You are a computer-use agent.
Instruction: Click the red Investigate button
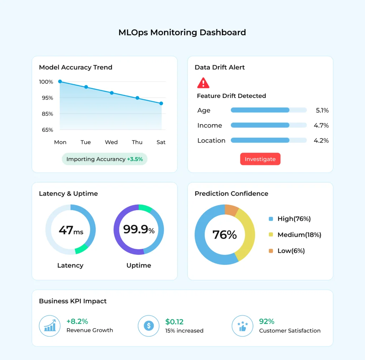(x=260, y=159)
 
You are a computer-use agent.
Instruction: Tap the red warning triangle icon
(x=203, y=83)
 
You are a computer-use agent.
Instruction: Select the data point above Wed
(x=112, y=93)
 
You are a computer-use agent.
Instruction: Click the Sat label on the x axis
(x=161, y=142)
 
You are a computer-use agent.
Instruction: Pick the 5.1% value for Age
(x=322, y=110)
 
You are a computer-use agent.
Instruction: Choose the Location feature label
(x=211, y=141)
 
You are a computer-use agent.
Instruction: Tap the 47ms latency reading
(x=71, y=230)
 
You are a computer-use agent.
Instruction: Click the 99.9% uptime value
(x=139, y=230)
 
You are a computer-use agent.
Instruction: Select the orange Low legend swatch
(x=271, y=251)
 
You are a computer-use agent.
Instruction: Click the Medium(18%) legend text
(x=299, y=235)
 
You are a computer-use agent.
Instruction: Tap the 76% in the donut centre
(x=225, y=235)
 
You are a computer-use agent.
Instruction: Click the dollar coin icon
(x=148, y=326)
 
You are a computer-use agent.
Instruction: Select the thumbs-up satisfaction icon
(x=242, y=326)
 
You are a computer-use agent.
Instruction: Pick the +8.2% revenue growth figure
(x=77, y=322)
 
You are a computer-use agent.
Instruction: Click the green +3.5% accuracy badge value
(x=135, y=159)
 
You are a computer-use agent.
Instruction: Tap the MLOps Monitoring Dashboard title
(x=182, y=32)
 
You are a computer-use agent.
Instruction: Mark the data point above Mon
(x=60, y=82)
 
